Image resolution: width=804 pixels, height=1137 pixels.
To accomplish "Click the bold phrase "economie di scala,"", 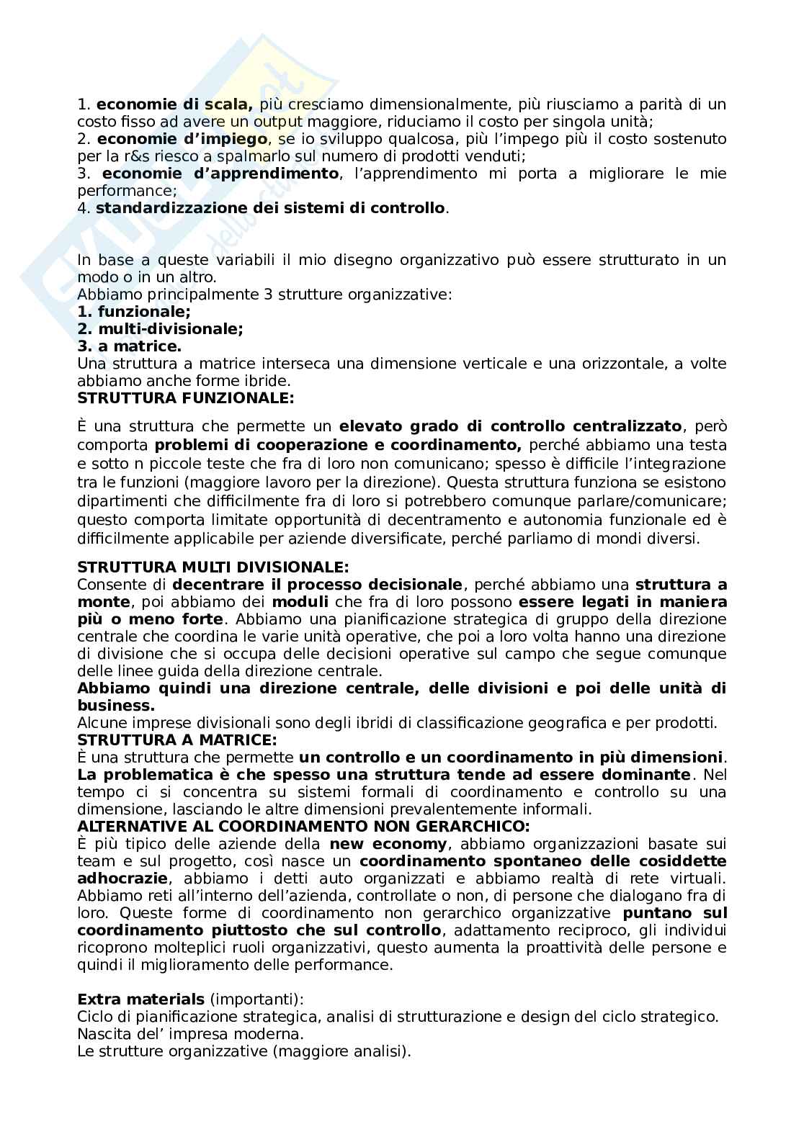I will pos(174,104).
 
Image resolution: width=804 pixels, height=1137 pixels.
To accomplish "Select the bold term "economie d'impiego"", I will pos(182,139).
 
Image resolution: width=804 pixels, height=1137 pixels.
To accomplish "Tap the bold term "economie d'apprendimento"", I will pos(220,174).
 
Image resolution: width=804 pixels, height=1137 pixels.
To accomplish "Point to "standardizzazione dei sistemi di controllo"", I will pos(270,209).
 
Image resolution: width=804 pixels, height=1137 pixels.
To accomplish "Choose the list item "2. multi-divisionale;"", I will pos(160,329).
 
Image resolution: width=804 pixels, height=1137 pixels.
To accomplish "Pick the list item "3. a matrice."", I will pos(129,346).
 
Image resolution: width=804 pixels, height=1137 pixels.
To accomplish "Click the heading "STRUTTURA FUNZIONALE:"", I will pos(185,397).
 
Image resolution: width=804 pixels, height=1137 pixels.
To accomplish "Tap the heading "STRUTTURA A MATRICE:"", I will pos(177,740).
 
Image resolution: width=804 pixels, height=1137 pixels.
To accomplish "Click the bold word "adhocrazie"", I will pos(122,878).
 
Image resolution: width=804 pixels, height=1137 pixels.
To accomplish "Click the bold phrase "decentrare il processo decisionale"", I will pos(317,584).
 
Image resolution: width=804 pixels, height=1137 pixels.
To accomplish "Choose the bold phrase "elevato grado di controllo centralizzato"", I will pos(510,428).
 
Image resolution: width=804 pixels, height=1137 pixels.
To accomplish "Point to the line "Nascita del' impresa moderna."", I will pos(190,1034).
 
